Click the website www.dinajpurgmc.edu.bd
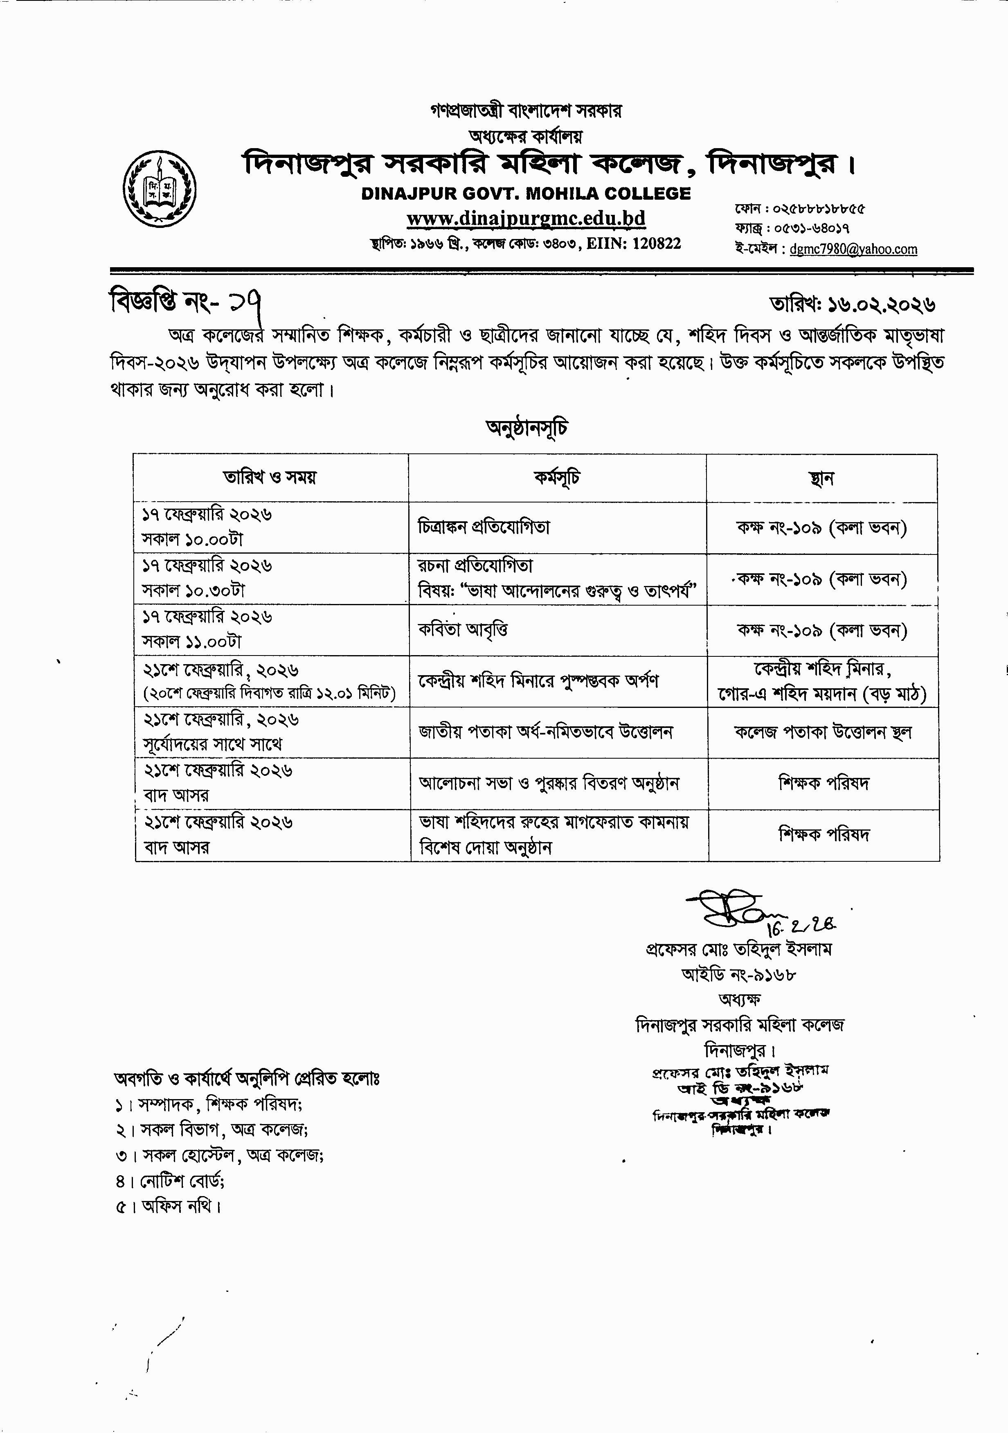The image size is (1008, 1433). click(x=526, y=219)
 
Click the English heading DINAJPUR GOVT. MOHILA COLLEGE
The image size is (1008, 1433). click(x=526, y=194)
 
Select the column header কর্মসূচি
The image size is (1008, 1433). click(x=557, y=478)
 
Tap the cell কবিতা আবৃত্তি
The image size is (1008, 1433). click(x=463, y=630)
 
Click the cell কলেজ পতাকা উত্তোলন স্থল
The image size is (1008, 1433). click(x=823, y=732)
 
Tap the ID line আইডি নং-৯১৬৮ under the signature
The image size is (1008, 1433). click(x=739, y=973)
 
